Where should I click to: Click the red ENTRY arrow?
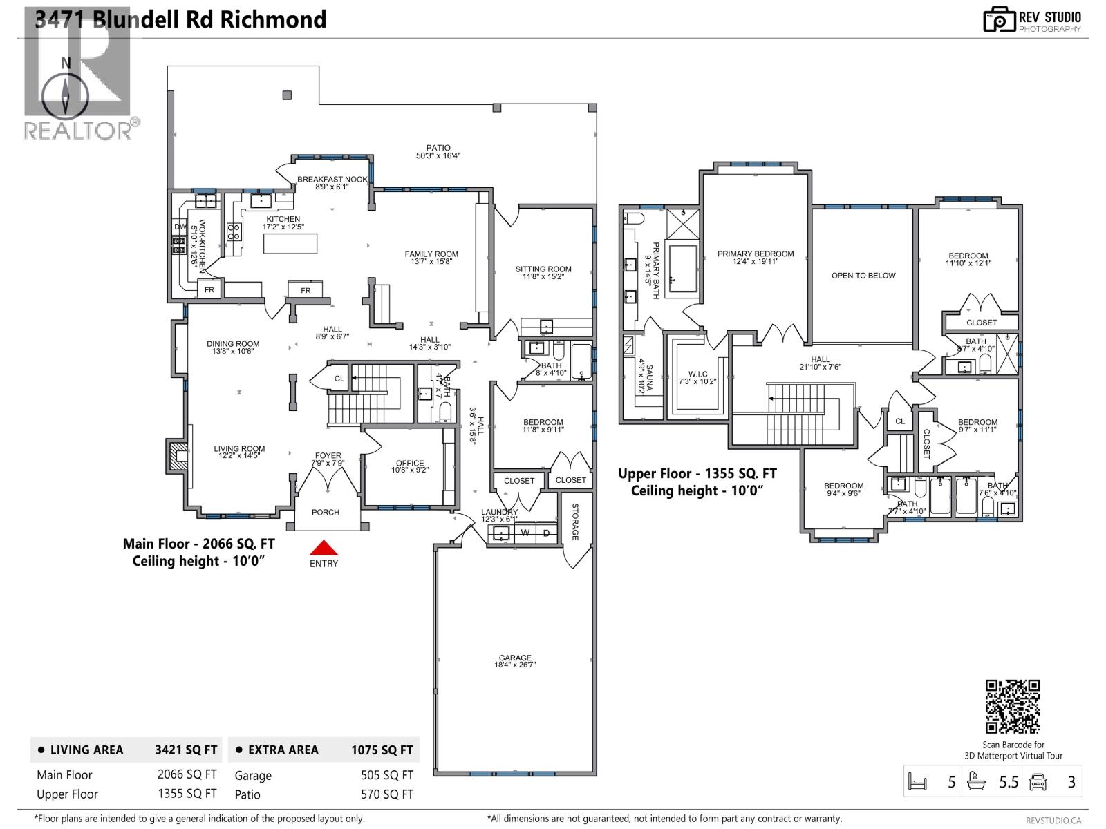pyautogui.click(x=324, y=548)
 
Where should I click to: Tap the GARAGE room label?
pyautogui.click(x=515, y=658)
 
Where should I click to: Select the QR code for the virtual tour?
pyautogui.click(x=1012, y=706)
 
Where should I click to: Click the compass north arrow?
pyautogui.click(x=66, y=95)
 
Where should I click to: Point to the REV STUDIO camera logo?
pyautogui.click(x=998, y=19)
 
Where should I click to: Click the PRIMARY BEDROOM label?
pyautogui.click(x=755, y=254)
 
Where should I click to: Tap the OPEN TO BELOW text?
pyautogui.click(x=863, y=275)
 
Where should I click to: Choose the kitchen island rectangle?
pyautogui.click(x=290, y=244)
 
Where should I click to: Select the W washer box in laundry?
pyautogui.click(x=525, y=533)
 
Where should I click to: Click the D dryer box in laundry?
pyautogui.click(x=546, y=533)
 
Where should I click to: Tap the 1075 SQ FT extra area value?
pyautogui.click(x=382, y=750)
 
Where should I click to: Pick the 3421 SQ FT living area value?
pyautogui.click(x=186, y=750)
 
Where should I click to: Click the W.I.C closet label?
pyautogui.click(x=697, y=374)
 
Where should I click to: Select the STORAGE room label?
pyautogui.click(x=574, y=521)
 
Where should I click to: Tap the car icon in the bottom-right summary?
pyautogui.click(x=1038, y=782)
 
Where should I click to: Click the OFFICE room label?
pyautogui.click(x=410, y=464)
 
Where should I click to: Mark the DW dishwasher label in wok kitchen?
pyautogui.click(x=180, y=227)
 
